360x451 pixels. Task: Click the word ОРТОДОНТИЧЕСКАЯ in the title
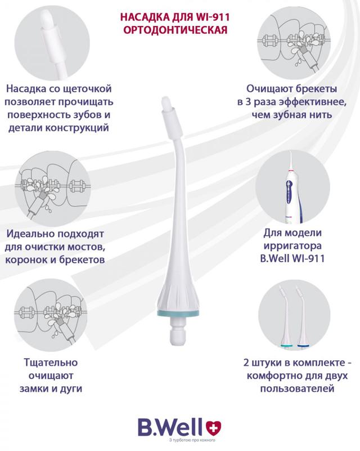point(175,30)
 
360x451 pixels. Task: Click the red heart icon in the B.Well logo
point(214,427)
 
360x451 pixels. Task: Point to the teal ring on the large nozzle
point(178,313)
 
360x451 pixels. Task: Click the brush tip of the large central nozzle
point(166,102)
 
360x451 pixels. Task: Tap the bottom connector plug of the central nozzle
point(178,331)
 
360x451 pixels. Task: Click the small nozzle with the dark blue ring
point(301,316)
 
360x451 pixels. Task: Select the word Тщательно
point(51,363)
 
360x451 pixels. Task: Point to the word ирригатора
point(292,246)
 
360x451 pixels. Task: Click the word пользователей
point(297,389)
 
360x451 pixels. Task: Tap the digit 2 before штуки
point(246,363)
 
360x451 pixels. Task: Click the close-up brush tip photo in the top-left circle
point(52,43)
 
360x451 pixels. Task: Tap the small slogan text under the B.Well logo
point(192,440)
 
